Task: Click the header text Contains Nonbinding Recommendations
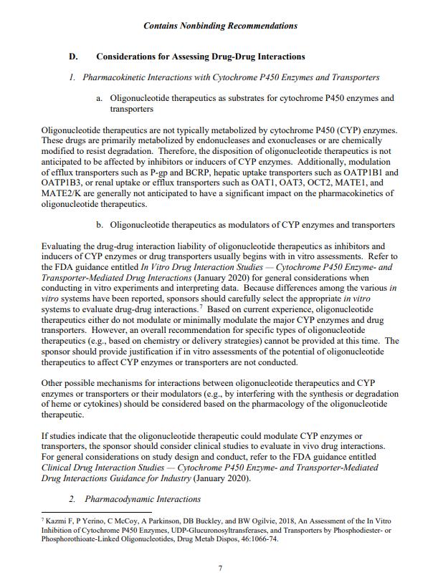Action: (x=220, y=26)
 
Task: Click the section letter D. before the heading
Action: (x=72, y=57)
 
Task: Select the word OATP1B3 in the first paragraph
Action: (x=62, y=183)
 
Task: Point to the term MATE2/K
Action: (x=62, y=193)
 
